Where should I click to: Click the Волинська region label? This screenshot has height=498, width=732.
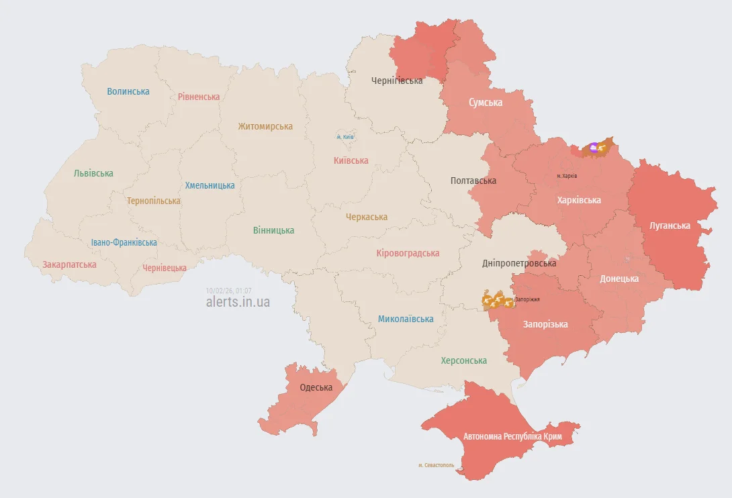(128, 91)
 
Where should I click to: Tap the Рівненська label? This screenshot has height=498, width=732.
(199, 97)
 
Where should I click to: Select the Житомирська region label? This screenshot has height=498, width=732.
(265, 126)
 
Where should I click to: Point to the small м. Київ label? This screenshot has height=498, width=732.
(345, 138)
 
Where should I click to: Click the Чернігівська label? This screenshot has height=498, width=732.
(397, 81)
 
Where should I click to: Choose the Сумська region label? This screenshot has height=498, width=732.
(486, 103)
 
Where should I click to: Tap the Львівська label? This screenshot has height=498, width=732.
(93, 173)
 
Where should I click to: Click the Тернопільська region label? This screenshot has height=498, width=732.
(154, 201)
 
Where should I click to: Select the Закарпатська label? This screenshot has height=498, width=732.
(69, 264)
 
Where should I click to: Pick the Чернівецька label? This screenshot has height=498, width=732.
(165, 268)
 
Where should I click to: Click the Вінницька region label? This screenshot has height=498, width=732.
(273, 230)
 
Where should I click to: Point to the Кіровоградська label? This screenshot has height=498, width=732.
(408, 253)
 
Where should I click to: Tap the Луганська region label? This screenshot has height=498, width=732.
(670, 226)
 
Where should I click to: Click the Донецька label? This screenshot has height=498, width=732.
(619, 279)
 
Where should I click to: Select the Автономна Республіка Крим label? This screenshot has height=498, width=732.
(512, 436)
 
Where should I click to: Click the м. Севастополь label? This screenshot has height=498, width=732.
(436, 465)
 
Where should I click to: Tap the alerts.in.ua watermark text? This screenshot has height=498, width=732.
(238, 302)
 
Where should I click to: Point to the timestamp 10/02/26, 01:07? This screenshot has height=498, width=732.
(228, 291)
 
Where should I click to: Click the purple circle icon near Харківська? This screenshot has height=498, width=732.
(594, 147)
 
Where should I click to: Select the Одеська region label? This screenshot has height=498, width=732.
(316, 388)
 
